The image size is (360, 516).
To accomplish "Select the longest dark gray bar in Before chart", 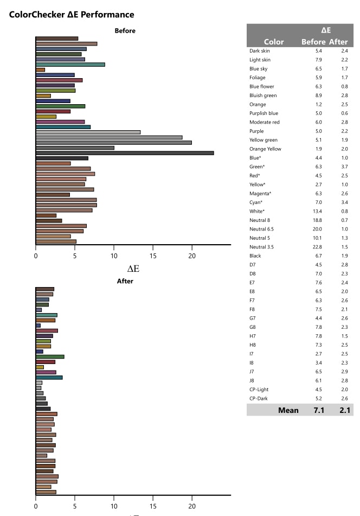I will point(125,153).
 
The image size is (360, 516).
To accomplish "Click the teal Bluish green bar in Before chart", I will point(70,65).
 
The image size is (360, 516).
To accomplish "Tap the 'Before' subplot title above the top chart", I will point(125,30).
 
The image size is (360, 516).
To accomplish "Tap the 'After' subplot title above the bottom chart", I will point(125,281).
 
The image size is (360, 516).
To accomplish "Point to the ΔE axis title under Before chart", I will point(133,268).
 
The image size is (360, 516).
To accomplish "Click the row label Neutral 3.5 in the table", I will point(262,247).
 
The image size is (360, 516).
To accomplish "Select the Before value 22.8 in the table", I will point(319,247).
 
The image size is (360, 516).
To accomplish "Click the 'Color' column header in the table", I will point(274,42).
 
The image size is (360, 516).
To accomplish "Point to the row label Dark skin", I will point(260,50).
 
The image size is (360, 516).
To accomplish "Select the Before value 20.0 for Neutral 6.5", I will point(319,229).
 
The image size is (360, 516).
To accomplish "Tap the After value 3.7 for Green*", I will point(344,167).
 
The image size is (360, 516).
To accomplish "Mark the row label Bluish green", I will point(262,95).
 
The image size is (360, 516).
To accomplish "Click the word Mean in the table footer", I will point(288,410).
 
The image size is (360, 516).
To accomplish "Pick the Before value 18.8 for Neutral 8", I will point(319,220).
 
